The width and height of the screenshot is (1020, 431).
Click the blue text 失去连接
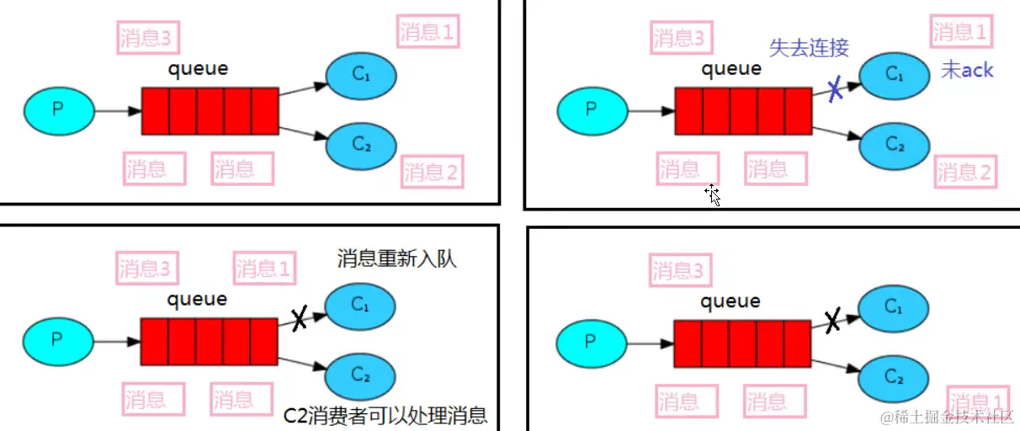point(809,48)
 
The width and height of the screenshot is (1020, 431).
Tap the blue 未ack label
point(967,70)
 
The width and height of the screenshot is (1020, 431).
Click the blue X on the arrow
point(835,89)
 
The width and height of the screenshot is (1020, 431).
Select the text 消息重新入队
point(397,258)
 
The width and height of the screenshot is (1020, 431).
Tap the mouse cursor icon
point(713,195)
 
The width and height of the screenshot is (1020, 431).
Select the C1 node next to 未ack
point(895,74)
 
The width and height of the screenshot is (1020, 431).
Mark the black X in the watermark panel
point(831,320)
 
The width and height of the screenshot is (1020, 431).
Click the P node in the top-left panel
point(58,109)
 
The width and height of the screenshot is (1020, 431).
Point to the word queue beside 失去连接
point(731,70)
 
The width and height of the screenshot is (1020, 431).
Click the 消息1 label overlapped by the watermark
point(978,401)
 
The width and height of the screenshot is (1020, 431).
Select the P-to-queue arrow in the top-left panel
point(116,110)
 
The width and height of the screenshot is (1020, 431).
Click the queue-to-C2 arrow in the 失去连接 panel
point(837,131)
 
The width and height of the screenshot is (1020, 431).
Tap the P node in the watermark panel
point(591,342)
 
